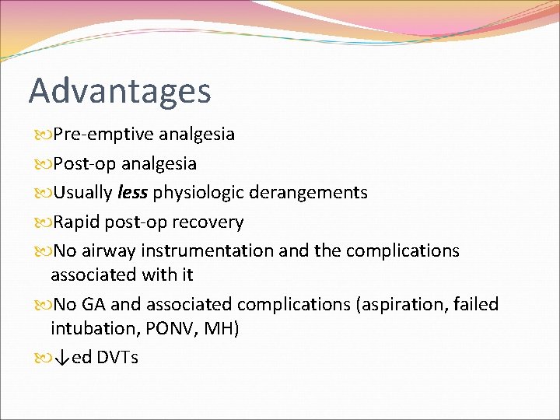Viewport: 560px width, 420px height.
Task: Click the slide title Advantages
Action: (120, 91)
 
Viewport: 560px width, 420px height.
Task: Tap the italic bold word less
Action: (133, 192)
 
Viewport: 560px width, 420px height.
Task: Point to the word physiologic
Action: (198, 192)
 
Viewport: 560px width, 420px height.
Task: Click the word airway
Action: (107, 251)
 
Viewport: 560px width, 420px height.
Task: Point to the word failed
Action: (474, 304)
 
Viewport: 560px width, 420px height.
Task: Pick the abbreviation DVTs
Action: (117, 358)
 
